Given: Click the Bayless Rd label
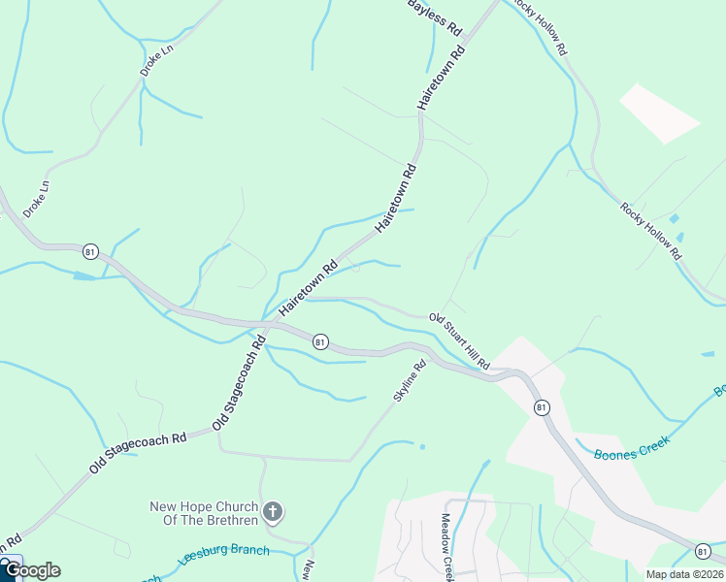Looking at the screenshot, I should click(434, 16).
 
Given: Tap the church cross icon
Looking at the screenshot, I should click(274, 511).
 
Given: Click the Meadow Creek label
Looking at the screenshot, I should click(447, 547).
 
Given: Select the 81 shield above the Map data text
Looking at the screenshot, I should click(703, 551).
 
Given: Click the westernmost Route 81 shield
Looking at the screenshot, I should click(90, 250).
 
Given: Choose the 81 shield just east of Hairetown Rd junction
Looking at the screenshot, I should click(320, 341).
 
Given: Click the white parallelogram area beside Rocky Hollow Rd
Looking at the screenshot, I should click(660, 113).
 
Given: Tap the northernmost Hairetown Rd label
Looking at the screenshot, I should click(442, 75).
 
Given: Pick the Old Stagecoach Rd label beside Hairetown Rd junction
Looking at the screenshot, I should click(239, 383).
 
